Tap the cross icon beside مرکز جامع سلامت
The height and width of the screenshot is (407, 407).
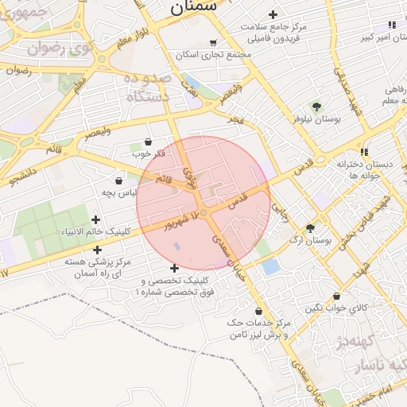click(273, 14)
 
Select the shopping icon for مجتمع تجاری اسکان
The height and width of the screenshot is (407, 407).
click(212, 43)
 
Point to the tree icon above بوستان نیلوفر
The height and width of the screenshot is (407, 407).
click(316, 106)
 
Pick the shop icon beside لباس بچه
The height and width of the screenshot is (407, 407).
click(118, 180)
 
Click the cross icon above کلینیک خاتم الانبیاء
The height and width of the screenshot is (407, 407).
click(96, 219)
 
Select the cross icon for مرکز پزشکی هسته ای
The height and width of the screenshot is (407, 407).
click(98, 250)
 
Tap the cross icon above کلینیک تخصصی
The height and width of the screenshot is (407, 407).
click(175, 268)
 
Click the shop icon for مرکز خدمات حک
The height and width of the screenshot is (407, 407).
click(259, 311)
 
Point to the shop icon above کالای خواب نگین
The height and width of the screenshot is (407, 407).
click(337, 296)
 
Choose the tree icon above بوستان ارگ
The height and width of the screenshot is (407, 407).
click(310, 227)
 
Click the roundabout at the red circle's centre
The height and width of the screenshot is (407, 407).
click(204, 213)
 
